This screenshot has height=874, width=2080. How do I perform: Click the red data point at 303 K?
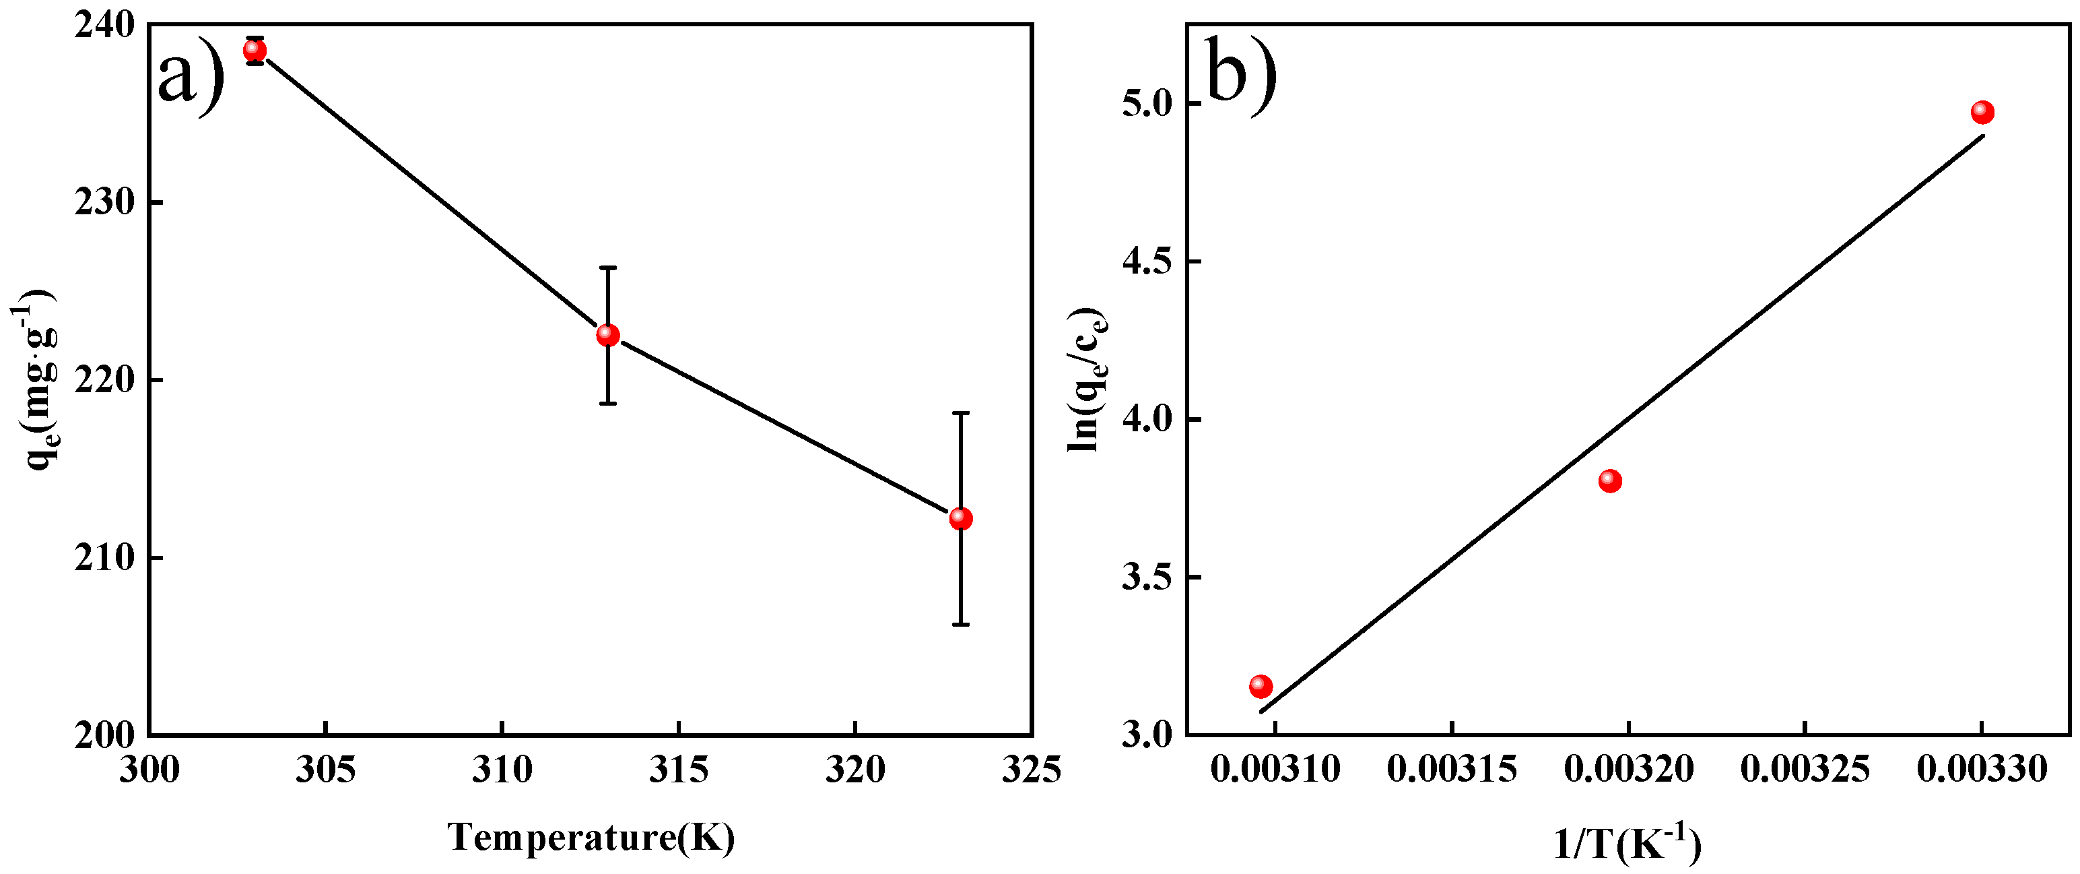(255, 50)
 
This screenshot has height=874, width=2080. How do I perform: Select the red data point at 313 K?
(608, 335)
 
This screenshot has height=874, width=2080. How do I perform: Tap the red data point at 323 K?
(961, 519)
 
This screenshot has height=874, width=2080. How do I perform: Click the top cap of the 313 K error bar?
(608, 268)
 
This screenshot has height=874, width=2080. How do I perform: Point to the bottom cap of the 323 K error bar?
(961, 625)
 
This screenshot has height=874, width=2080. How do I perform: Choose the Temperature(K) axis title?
(592, 838)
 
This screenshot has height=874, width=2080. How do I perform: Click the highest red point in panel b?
(1982, 113)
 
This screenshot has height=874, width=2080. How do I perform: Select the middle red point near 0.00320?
(1610, 481)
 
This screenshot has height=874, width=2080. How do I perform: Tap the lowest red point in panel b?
(1261, 687)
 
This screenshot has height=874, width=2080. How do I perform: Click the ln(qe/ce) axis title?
(1087, 379)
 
